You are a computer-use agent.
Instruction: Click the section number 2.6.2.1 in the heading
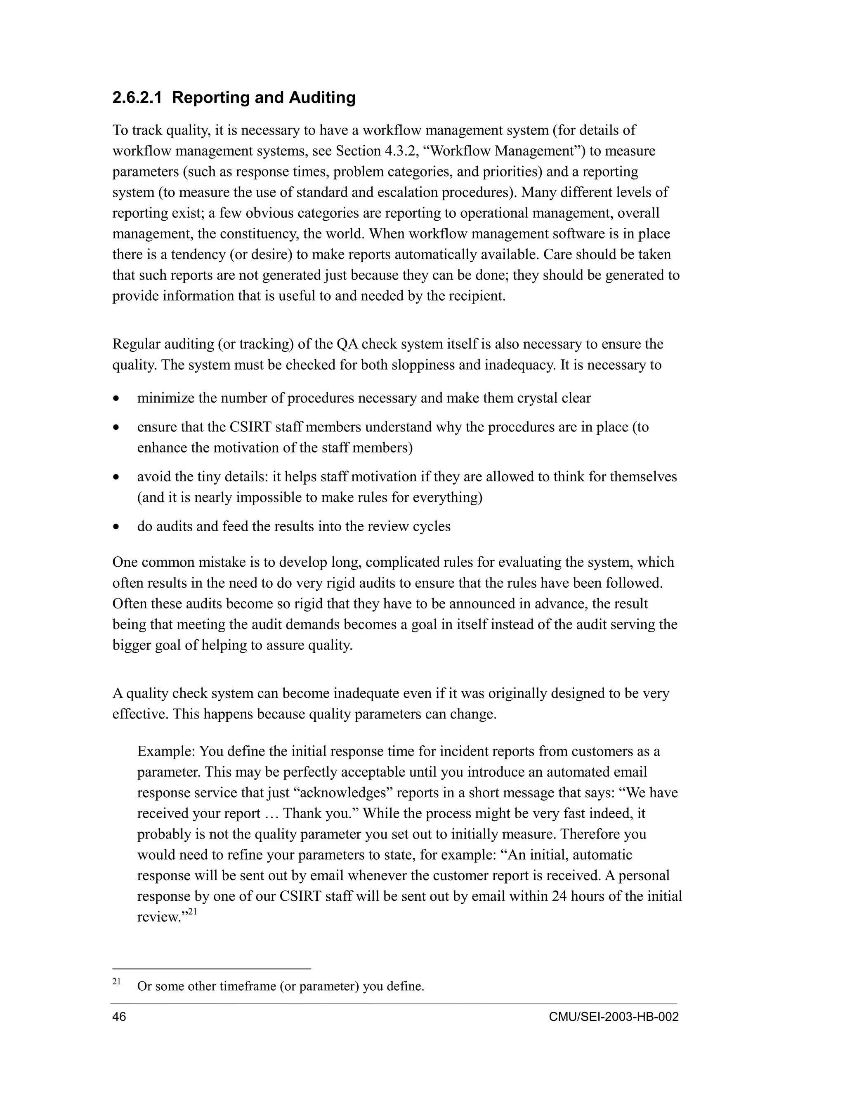[x=137, y=98]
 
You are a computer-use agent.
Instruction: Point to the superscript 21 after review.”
[x=193, y=912]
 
